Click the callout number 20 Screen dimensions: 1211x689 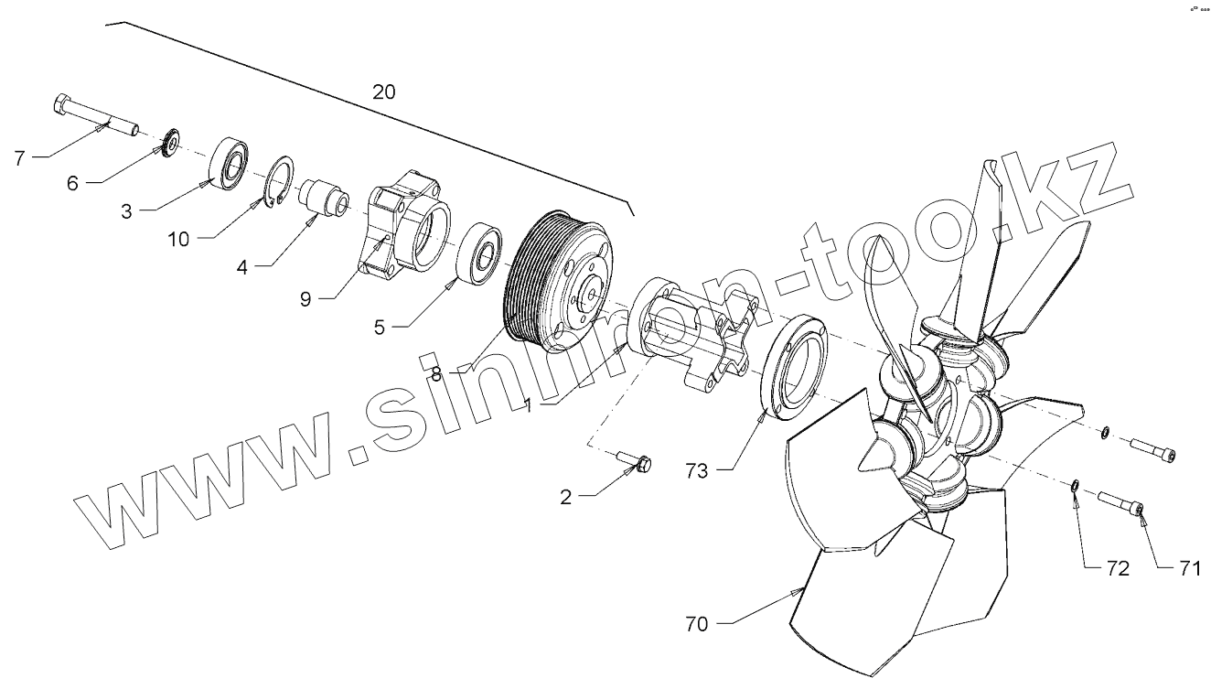385,92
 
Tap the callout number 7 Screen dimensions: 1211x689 19,158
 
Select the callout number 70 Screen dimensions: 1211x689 698,626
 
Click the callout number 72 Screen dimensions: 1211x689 1117,568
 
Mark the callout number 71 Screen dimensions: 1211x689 1188,568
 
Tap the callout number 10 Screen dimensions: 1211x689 179,239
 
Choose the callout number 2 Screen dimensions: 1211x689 566,497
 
